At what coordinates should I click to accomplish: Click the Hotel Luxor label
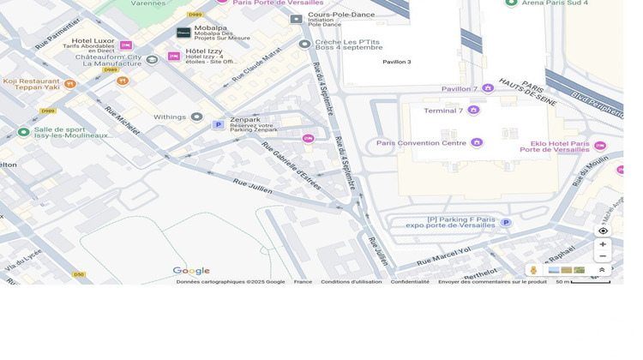click(93, 40)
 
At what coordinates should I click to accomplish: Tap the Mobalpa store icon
click(183, 33)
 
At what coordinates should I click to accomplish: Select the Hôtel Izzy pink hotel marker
click(174, 57)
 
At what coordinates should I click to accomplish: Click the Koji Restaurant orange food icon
click(70, 84)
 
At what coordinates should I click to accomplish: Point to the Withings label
click(169, 117)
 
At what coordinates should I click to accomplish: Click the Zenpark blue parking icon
click(218, 125)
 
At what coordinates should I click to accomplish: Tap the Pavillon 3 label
click(396, 62)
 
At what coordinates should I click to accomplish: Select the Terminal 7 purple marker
click(473, 111)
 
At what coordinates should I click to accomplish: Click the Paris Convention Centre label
click(421, 143)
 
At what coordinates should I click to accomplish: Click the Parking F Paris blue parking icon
click(506, 223)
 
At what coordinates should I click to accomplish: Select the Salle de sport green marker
click(23, 132)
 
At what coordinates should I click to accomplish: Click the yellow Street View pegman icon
click(533, 270)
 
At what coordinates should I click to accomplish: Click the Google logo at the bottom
click(191, 271)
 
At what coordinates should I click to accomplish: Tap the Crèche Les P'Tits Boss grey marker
click(304, 44)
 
